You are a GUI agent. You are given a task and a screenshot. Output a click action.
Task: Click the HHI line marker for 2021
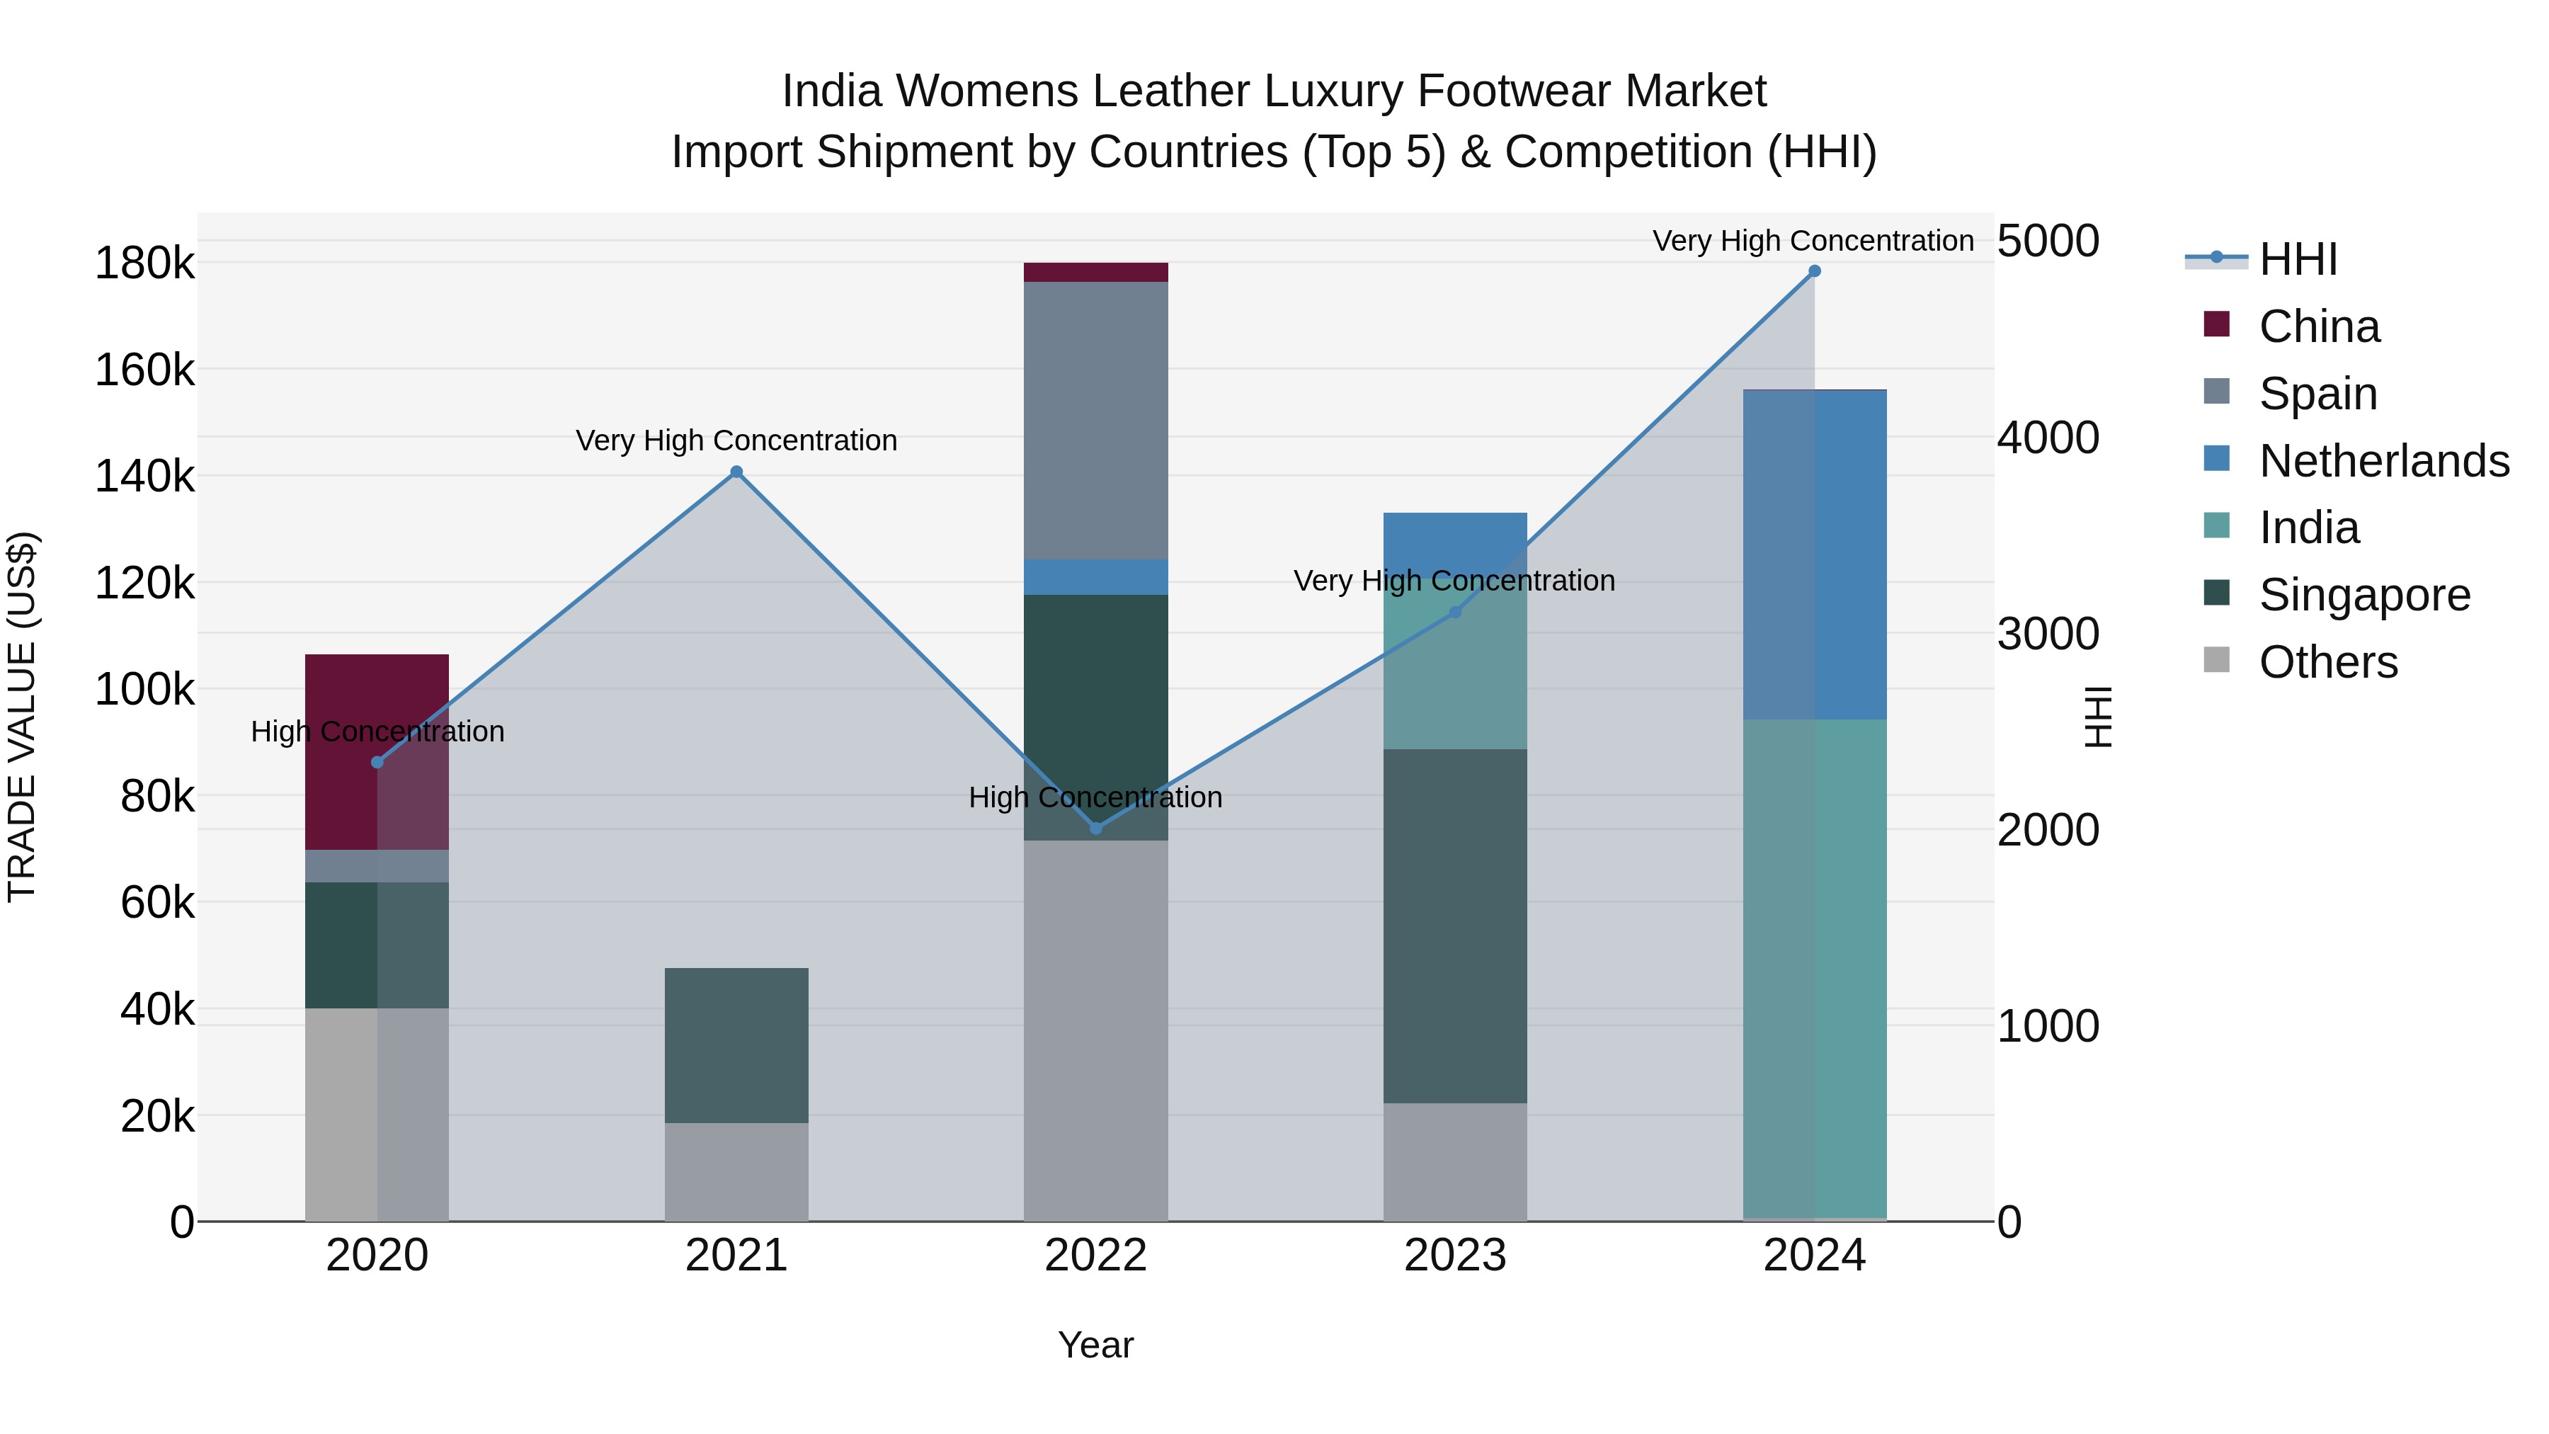coord(736,472)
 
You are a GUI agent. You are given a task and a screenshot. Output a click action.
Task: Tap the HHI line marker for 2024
coord(1814,271)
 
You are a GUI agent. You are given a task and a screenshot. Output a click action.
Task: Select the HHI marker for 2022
coord(1095,827)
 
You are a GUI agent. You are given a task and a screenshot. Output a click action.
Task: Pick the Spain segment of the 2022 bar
coord(1095,421)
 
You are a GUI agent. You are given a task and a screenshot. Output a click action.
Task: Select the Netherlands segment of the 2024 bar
coord(1814,554)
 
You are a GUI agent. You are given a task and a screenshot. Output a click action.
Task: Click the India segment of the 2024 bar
coord(1814,970)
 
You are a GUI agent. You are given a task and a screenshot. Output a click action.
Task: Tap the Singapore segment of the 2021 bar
coord(736,1045)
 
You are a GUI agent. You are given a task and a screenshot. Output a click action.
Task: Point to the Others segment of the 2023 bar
coord(1454,1162)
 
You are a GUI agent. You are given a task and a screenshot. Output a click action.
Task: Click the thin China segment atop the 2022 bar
coord(1095,272)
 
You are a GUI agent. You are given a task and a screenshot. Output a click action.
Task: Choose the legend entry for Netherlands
coord(2383,461)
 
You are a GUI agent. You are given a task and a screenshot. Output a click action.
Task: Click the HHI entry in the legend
coord(2297,259)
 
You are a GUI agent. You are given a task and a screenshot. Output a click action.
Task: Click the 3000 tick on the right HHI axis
coord(2047,635)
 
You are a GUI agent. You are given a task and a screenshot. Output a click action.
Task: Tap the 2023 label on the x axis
coord(1454,1256)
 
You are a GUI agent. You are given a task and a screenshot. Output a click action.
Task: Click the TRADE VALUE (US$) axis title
coord(22,717)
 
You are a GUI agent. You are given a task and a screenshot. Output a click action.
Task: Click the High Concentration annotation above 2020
coord(377,732)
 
